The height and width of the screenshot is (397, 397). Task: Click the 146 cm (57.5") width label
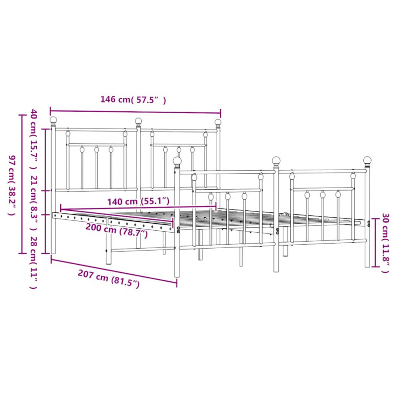tap(133, 100)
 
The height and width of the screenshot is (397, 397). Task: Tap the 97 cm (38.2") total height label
tap(12, 185)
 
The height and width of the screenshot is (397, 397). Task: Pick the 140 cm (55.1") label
tap(138, 201)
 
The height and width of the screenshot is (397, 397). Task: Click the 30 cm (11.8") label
tap(385, 243)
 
